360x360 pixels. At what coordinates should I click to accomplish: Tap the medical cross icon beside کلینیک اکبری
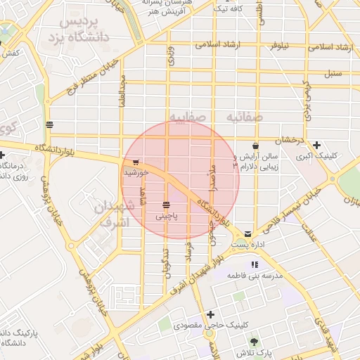click(x=316, y=145)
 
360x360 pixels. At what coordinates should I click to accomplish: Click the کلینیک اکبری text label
click(x=317, y=156)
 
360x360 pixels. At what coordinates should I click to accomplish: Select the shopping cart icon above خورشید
click(x=135, y=162)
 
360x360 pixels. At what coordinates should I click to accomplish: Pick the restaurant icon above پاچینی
click(x=166, y=205)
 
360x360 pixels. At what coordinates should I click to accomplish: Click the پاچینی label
click(x=166, y=217)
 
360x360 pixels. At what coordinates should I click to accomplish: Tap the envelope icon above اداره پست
click(x=247, y=233)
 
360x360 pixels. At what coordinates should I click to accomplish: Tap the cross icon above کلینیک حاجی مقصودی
click(x=210, y=314)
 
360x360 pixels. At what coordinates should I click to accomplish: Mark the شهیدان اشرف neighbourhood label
click(x=112, y=215)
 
